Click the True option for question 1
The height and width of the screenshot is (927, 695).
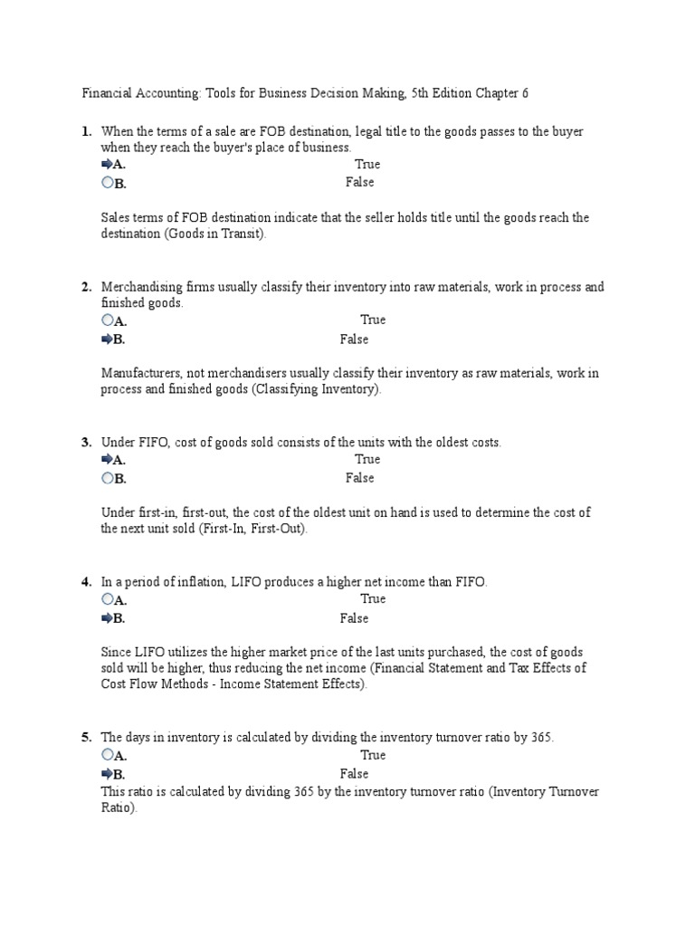coord(367,164)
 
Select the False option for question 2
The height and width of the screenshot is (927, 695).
coord(354,339)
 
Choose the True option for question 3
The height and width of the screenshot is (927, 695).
coord(367,459)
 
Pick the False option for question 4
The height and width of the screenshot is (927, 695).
coord(354,618)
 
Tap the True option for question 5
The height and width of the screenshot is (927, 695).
coord(373,755)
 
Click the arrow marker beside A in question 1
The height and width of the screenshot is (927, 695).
coord(107,164)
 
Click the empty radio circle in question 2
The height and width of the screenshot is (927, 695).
coord(108,320)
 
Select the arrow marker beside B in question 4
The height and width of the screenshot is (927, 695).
coord(107,618)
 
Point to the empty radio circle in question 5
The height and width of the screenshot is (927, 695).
coord(108,755)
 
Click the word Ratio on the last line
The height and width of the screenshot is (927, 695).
coord(118,808)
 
